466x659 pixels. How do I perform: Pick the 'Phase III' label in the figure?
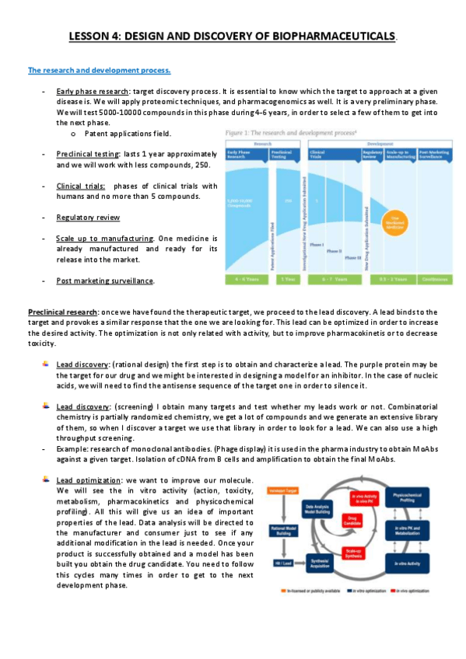[352, 257]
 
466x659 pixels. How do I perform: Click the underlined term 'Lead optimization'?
[88, 481]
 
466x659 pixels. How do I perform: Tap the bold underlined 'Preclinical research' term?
[58, 312]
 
